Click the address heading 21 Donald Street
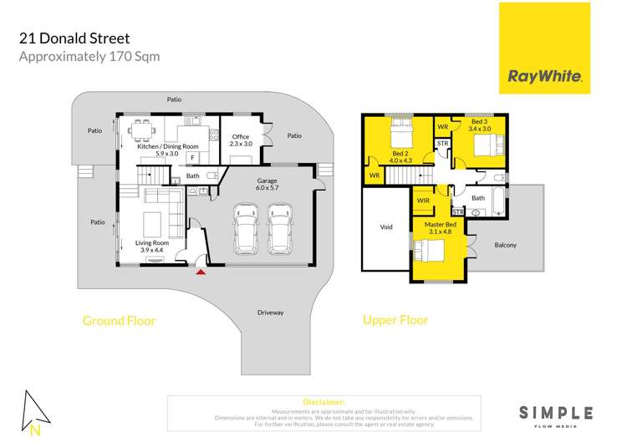tap(74, 38)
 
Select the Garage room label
tap(268, 186)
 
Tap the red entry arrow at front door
tap(200, 270)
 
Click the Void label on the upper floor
tap(385, 227)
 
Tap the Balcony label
tap(505, 245)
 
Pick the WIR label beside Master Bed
tap(422, 200)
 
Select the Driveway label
tap(271, 313)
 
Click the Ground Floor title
tap(119, 320)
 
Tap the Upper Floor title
tap(395, 319)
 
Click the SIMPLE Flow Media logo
tap(556, 414)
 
